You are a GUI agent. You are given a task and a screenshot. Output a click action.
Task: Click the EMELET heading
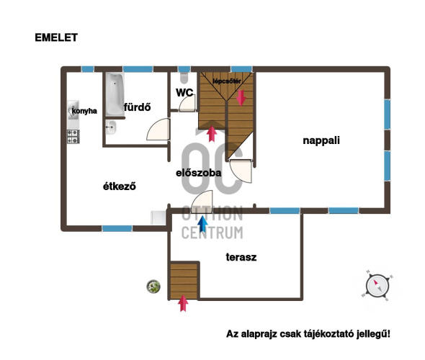56,37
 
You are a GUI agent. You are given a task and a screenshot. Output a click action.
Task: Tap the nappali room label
321,140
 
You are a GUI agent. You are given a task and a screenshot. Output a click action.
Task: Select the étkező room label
120,186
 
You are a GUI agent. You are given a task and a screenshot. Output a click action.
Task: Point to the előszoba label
199,173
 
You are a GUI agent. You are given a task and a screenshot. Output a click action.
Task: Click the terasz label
241,257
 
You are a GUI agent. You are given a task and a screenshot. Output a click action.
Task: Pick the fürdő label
137,107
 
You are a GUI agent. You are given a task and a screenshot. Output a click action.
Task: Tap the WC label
184,93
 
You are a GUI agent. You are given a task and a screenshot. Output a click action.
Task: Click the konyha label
84,111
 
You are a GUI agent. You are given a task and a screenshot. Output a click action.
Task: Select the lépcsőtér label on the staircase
227,81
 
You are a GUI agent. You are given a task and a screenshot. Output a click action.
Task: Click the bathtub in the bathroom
115,94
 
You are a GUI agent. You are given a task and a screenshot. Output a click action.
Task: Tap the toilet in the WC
184,78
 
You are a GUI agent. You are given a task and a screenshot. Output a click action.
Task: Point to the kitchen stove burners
73,136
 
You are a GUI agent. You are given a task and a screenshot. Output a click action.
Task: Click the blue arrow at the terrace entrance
202,224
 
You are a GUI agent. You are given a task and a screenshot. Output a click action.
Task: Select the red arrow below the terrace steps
183,303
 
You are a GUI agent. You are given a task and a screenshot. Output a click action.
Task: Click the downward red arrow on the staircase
241,98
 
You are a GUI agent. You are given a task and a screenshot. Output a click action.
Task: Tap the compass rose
377,286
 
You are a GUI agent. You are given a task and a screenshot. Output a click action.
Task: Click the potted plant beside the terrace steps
153,287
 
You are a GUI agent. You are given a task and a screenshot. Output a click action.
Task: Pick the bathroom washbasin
111,127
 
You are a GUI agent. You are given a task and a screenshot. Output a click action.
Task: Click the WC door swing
187,104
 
